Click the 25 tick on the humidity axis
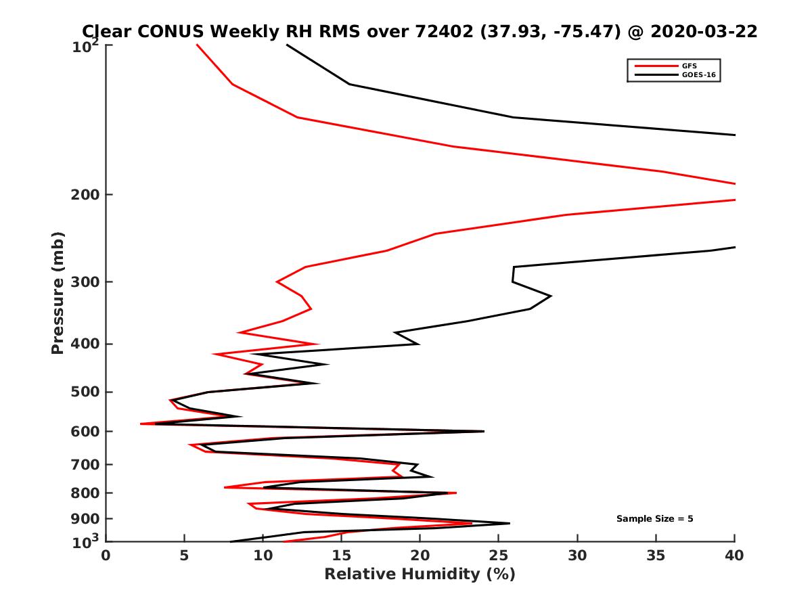[499, 556]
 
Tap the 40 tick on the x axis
[735, 556]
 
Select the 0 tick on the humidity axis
[106, 556]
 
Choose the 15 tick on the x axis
[342, 556]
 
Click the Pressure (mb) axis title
[58, 293]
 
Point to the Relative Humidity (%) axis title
[420, 574]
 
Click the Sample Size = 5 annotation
[654, 519]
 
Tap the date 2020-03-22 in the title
[702, 31]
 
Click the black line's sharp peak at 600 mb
[483, 431]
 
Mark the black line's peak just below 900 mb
[509, 523]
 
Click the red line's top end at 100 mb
[197, 45]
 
